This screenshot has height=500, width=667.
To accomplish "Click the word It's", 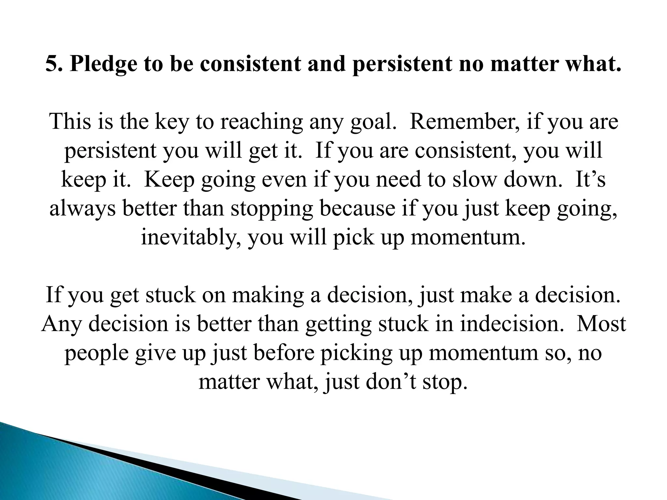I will [590, 179].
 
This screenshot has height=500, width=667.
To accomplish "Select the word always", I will [82, 209].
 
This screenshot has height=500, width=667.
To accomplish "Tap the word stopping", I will [272, 209].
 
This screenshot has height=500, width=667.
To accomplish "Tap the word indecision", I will [511, 324].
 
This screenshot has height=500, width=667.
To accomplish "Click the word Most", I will [601, 324].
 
